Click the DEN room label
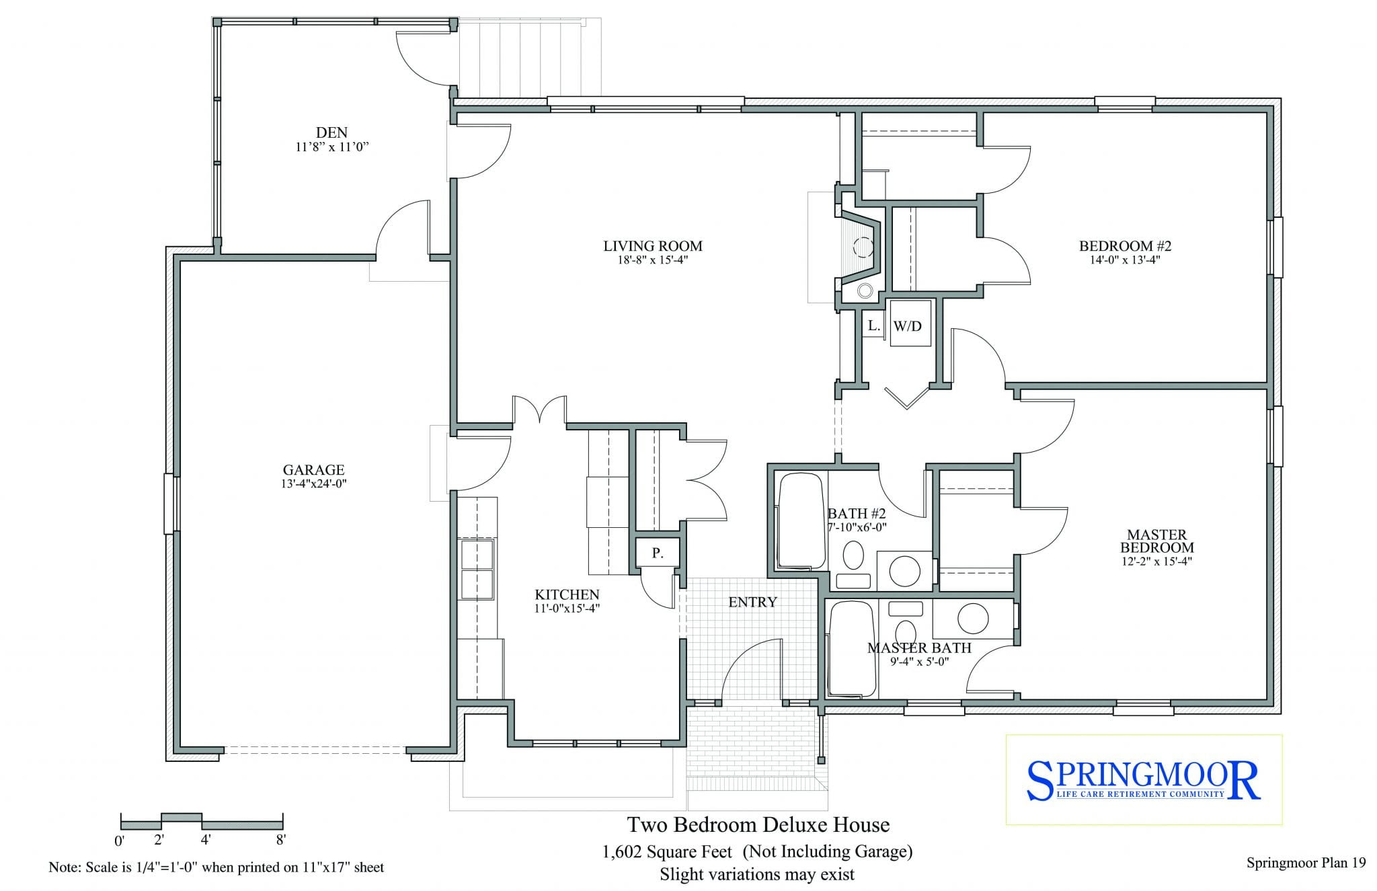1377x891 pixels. click(x=331, y=132)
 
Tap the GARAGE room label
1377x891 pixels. click(x=313, y=470)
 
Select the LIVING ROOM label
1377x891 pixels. click(x=652, y=246)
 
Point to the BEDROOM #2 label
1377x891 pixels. click(x=1125, y=246)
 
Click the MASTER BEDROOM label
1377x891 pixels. click(x=1156, y=541)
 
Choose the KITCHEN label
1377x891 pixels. click(x=567, y=594)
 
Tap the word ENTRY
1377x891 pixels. click(x=752, y=602)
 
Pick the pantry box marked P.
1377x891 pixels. click(x=658, y=553)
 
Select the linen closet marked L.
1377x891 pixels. click(x=873, y=325)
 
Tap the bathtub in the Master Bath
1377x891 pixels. click(x=853, y=650)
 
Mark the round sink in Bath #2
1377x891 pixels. click(x=904, y=571)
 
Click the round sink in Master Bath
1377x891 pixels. click(x=973, y=618)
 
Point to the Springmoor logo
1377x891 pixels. click(x=1143, y=780)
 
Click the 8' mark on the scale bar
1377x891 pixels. click(x=280, y=840)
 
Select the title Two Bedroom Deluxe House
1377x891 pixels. click(x=758, y=824)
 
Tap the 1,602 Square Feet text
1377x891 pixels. click(x=667, y=852)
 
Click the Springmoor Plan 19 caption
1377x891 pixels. click(x=1306, y=863)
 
